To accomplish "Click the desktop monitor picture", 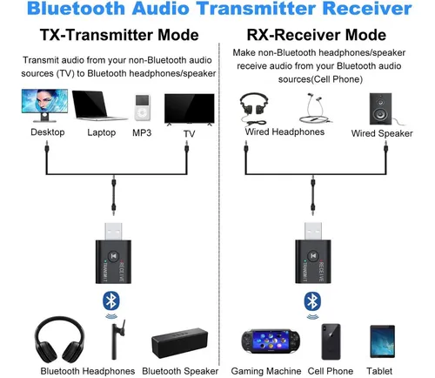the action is (44, 105).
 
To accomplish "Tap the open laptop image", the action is (98, 105).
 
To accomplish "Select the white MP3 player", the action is (143, 107).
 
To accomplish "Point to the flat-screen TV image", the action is (190, 110).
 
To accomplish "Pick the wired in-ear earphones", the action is (315, 108).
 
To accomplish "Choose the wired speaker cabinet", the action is (380, 109).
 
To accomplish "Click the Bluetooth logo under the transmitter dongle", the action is (111, 300).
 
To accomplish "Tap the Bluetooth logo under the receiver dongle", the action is (312, 300).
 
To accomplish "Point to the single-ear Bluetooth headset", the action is (117, 340).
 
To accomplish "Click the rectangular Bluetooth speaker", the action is (180, 343).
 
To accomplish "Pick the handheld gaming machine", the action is (271, 341).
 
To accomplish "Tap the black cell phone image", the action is (331, 341).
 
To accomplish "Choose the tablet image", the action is (383, 341).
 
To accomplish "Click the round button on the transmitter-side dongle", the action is (113, 256).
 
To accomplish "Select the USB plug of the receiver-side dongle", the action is (313, 231).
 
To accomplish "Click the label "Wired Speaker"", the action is (382, 133).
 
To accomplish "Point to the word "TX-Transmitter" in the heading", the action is (97, 35).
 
